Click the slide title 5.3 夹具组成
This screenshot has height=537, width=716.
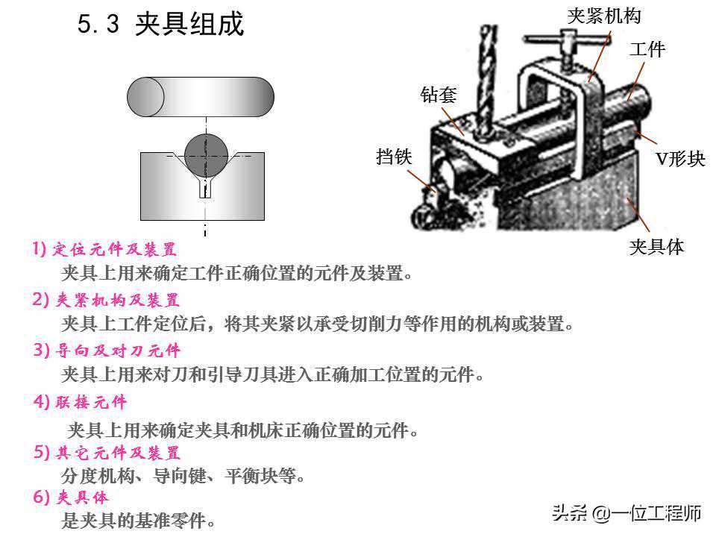click(161, 24)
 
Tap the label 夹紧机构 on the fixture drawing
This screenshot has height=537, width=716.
click(604, 16)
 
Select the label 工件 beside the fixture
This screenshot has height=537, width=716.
click(647, 49)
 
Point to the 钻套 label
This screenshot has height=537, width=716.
click(439, 95)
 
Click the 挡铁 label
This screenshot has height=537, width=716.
click(394, 157)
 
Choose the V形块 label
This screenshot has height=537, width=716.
click(680, 159)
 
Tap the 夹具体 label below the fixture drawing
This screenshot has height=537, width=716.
click(656, 247)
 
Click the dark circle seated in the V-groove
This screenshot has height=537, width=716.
click(207, 155)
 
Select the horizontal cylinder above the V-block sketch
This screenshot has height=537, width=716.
click(201, 97)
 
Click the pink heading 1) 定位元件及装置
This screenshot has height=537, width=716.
click(104, 249)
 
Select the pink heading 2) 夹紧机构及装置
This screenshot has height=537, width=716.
click(105, 300)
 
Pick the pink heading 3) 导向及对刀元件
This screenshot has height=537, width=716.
click(107, 351)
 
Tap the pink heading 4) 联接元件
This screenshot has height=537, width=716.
click(80, 402)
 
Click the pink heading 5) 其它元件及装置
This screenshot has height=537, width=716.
click(107, 453)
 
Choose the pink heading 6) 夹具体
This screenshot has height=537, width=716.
click(71, 497)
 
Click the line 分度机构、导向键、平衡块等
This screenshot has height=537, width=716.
click(183, 476)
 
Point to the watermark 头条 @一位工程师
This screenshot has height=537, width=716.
click(626, 513)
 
